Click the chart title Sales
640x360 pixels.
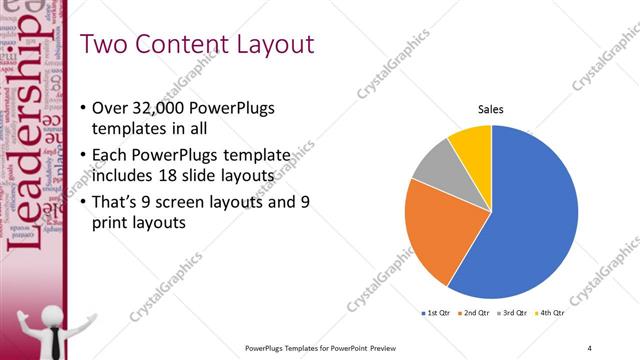490,109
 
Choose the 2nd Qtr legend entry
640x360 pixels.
474,314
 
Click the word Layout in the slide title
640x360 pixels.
271,44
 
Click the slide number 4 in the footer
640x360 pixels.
589,347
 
